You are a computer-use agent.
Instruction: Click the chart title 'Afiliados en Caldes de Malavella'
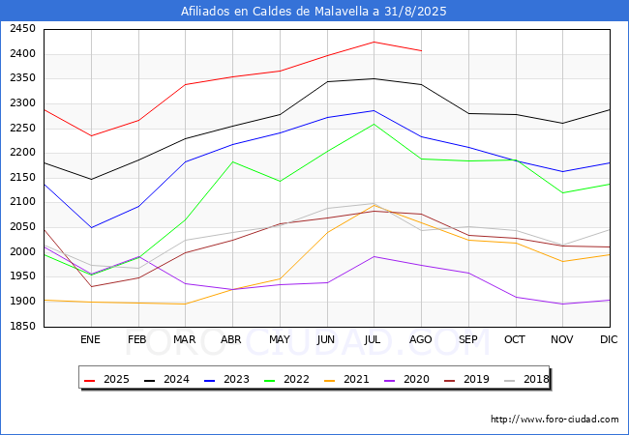coord(314,12)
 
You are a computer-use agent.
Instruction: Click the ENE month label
coord(90,339)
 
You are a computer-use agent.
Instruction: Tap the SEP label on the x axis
coord(468,339)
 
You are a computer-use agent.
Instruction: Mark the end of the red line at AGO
coord(421,50)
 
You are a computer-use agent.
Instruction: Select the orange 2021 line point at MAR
coord(185,304)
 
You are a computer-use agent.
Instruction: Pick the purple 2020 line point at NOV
coord(562,304)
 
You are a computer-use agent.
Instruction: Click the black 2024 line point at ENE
coord(90,179)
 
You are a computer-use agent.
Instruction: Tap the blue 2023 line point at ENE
coord(90,228)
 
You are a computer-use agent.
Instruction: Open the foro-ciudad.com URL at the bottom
coord(554,420)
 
